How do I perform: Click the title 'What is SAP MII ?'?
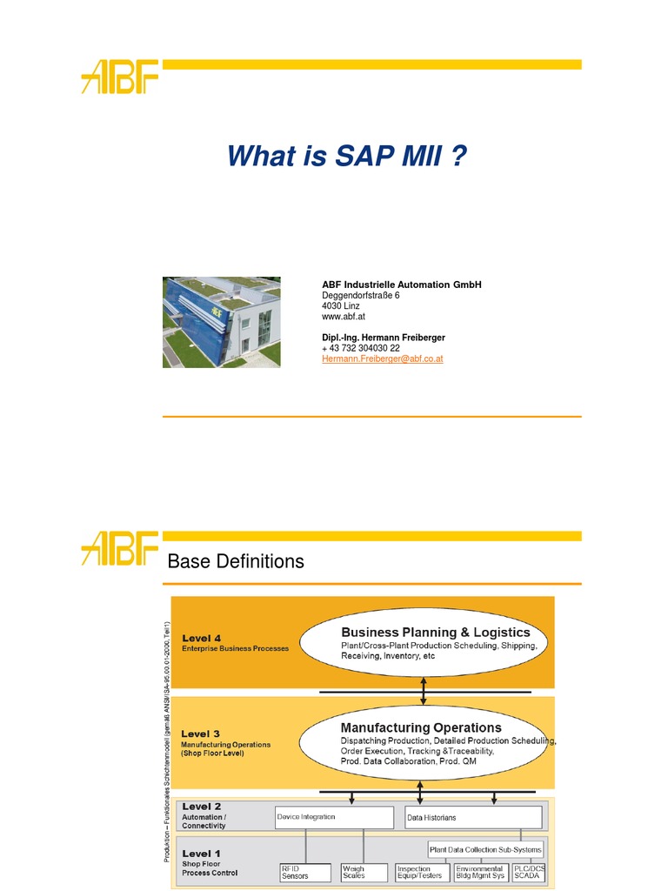pyautogui.click(x=347, y=157)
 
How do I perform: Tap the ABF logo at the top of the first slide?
pyautogui.click(x=119, y=77)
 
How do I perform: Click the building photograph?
pyautogui.click(x=222, y=322)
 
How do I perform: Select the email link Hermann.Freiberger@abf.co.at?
pyautogui.click(x=383, y=358)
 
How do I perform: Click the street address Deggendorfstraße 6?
pyautogui.click(x=361, y=296)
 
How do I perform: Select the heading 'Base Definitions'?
pyautogui.click(x=236, y=562)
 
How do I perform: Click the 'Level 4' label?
pyautogui.click(x=201, y=638)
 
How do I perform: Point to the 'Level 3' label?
pyautogui.click(x=201, y=734)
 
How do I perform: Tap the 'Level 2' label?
pyautogui.click(x=201, y=807)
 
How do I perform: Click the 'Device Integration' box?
pyautogui.click(x=334, y=818)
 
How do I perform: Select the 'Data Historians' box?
pyautogui.click(x=473, y=818)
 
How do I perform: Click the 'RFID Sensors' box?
pyautogui.click(x=304, y=872)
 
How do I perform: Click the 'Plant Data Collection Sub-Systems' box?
pyautogui.click(x=485, y=849)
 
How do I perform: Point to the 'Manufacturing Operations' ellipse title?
pyautogui.click(x=421, y=727)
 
